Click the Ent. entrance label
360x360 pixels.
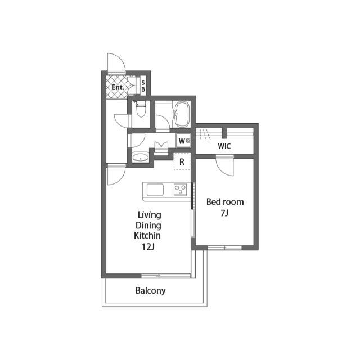click(x=118, y=87)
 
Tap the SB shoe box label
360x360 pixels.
click(x=143, y=86)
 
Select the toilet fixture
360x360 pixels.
click(x=141, y=109)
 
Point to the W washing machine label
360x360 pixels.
click(x=181, y=141)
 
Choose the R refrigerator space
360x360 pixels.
click(x=182, y=162)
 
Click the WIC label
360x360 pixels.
click(x=224, y=146)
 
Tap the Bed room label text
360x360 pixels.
click(x=225, y=202)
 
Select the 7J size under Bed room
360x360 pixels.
click(x=224, y=213)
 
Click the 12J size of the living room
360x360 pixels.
click(x=148, y=246)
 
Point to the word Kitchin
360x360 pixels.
click(x=147, y=236)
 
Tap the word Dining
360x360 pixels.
click(x=148, y=225)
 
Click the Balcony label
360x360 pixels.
click(x=150, y=291)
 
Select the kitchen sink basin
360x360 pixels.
click(x=155, y=190)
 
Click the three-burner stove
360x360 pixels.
click(x=181, y=190)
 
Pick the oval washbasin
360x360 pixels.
click(x=141, y=157)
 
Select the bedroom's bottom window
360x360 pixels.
click(x=224, y=247)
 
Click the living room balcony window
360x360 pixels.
click(x=166, y=276)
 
